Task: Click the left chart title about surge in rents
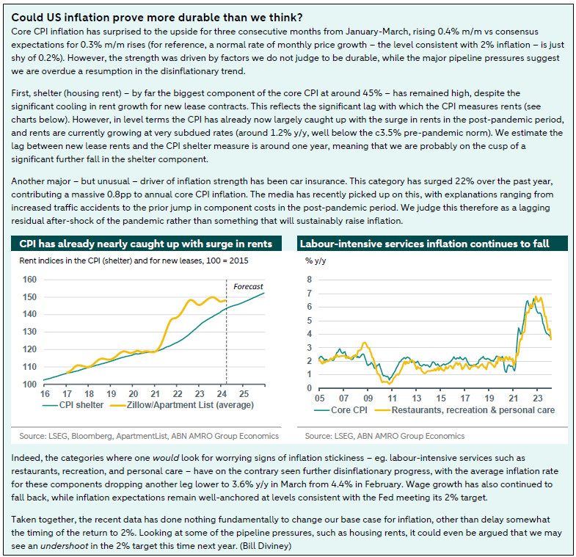point(145,244)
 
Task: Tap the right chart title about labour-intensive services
point(423,244)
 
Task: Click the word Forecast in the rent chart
point(247,286)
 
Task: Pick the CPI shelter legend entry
point(74,405)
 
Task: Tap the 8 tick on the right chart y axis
point(310,280)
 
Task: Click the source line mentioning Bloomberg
point(146,435)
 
